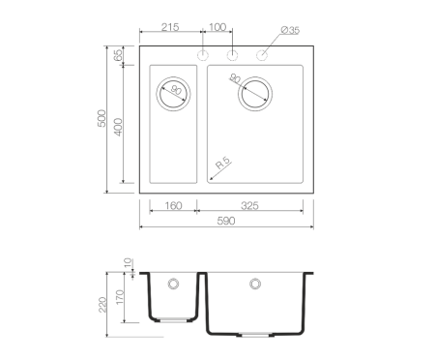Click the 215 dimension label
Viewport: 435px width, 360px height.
pyautogui.click(x=170, y=27)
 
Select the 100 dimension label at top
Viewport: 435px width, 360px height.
pyautogui.click(x=217, y=27)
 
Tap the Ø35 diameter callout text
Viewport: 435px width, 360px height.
pyautogui.click(x=290, y=30)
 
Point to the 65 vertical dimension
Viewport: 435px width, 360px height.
pyautogui.click(x=118, y=55)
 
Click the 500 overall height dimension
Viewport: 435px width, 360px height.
pyautogui.click(x=101, y=118)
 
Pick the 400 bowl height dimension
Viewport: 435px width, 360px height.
pyautogui.click(x=119, y=127)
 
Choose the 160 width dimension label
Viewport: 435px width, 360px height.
pyautogui.click(x=173, y=206)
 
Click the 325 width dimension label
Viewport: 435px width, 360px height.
pyautogui.click(x=249, y=206)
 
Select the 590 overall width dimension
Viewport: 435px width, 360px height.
pyautogui.click(x=226, y=221)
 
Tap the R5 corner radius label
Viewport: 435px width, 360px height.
pyautogui.click(x=223, y=164)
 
